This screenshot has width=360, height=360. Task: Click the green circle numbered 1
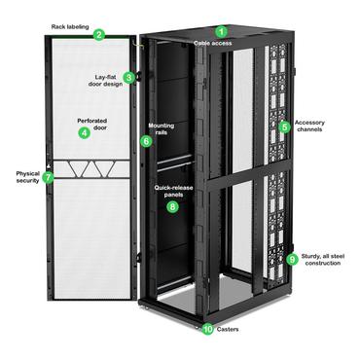point(220,31)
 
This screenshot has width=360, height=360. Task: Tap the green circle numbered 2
point(99,34)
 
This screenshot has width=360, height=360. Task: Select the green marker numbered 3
point(129,77)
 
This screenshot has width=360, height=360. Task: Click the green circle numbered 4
point(84,132)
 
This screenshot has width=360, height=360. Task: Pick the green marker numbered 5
point(285,126)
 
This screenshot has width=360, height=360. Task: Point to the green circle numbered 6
point(147,141)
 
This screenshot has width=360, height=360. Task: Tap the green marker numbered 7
point(48,178)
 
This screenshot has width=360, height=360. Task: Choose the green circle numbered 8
point(173,206)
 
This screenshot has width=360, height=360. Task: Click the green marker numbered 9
point(293,259)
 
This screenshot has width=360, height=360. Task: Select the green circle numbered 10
point(207,329)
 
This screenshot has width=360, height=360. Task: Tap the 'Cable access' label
point(213,43)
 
